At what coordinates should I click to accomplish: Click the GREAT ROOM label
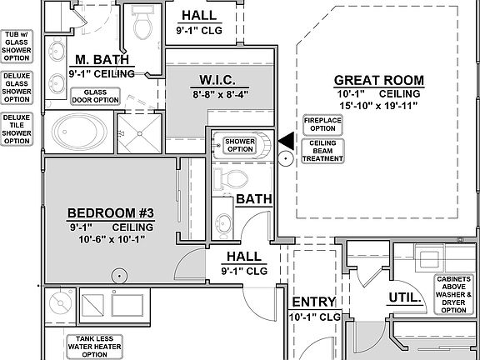click(379, 81)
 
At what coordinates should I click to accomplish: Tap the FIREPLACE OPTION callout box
click(322, 125)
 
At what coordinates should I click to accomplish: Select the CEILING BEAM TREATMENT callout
click(322, 151)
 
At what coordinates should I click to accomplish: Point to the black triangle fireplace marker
click(287, 141)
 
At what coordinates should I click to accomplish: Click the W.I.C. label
click(217, 80)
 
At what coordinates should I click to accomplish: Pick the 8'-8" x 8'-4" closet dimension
click(220, 95)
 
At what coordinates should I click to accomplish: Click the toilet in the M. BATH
click(142, 24)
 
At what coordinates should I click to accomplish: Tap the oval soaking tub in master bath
click(79, 132)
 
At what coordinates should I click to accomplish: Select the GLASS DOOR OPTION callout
click(95, 96)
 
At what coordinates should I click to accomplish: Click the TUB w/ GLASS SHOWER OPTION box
click(17, 46)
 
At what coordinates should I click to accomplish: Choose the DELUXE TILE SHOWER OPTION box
click(17, 129)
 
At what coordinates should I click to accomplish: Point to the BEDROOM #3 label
click(111, 213)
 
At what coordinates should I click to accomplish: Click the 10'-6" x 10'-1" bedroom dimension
click(112, 239)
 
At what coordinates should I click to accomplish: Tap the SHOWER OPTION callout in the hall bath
click(240, 145)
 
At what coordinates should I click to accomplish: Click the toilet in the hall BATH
click(232, 179)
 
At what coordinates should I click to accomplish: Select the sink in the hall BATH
click(223, 222)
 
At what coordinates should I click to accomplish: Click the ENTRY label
click(314, 302)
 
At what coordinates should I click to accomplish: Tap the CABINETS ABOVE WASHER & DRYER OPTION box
click(453, 294)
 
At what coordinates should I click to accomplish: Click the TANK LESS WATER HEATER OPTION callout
click(95, 347)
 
